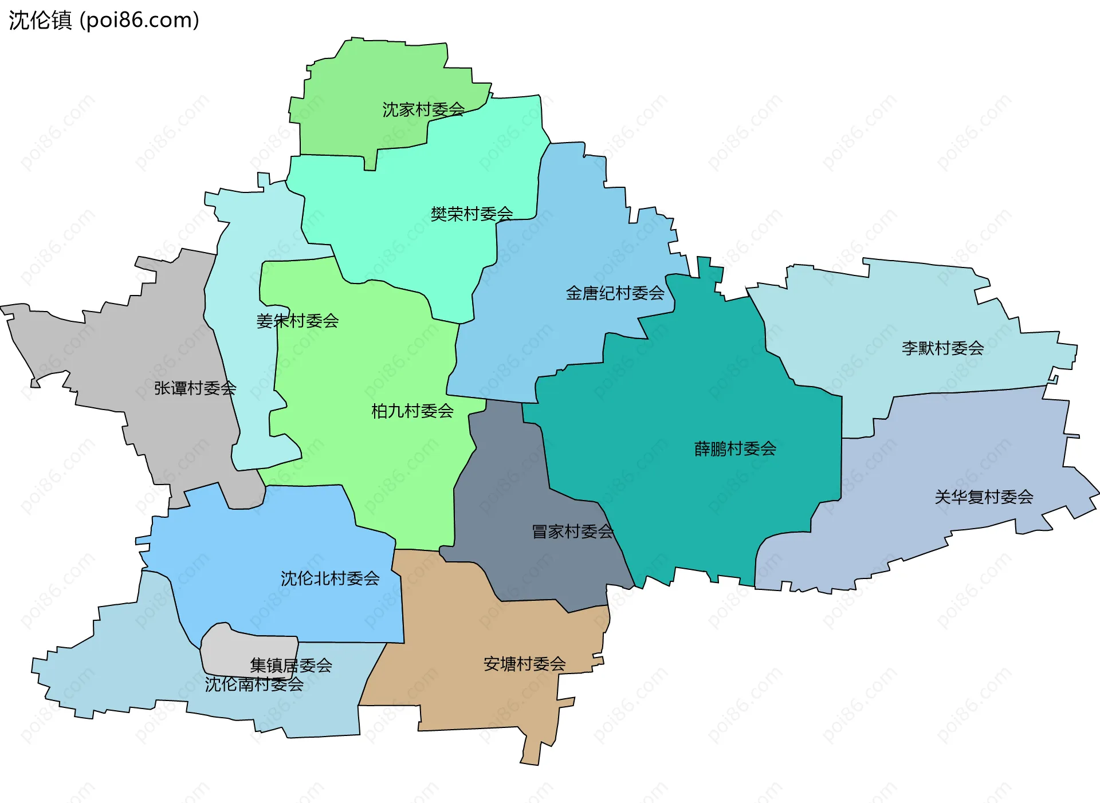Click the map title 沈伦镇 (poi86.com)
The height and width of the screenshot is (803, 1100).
click(x=104, y=20)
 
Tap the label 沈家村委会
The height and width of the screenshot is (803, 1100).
click(x=423, y=109)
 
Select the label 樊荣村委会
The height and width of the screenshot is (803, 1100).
click(x=472, y=214)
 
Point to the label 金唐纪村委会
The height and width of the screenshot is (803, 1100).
click(x=615, y=293)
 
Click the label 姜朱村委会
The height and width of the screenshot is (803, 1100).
click(x=297, y=321)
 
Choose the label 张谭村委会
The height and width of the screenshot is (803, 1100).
click(x=195, y=388)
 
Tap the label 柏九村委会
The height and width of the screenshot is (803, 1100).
click(x=412, y=411)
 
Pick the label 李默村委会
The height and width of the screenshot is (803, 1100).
click(x=942, y=348)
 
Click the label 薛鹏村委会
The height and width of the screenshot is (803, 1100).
click(x=735, y=448)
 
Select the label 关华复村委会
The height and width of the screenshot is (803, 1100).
click(x=984, y=497)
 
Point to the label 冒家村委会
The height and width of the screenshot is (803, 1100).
click(x=572, y=532)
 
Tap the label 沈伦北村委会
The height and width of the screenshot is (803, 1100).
click(x=330, y=578)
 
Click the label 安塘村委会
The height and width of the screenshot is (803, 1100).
click(x=524, y=664)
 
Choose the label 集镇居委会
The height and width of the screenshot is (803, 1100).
click(x=291, y=665)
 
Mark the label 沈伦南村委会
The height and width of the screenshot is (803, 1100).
click(x=254, y=684)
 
